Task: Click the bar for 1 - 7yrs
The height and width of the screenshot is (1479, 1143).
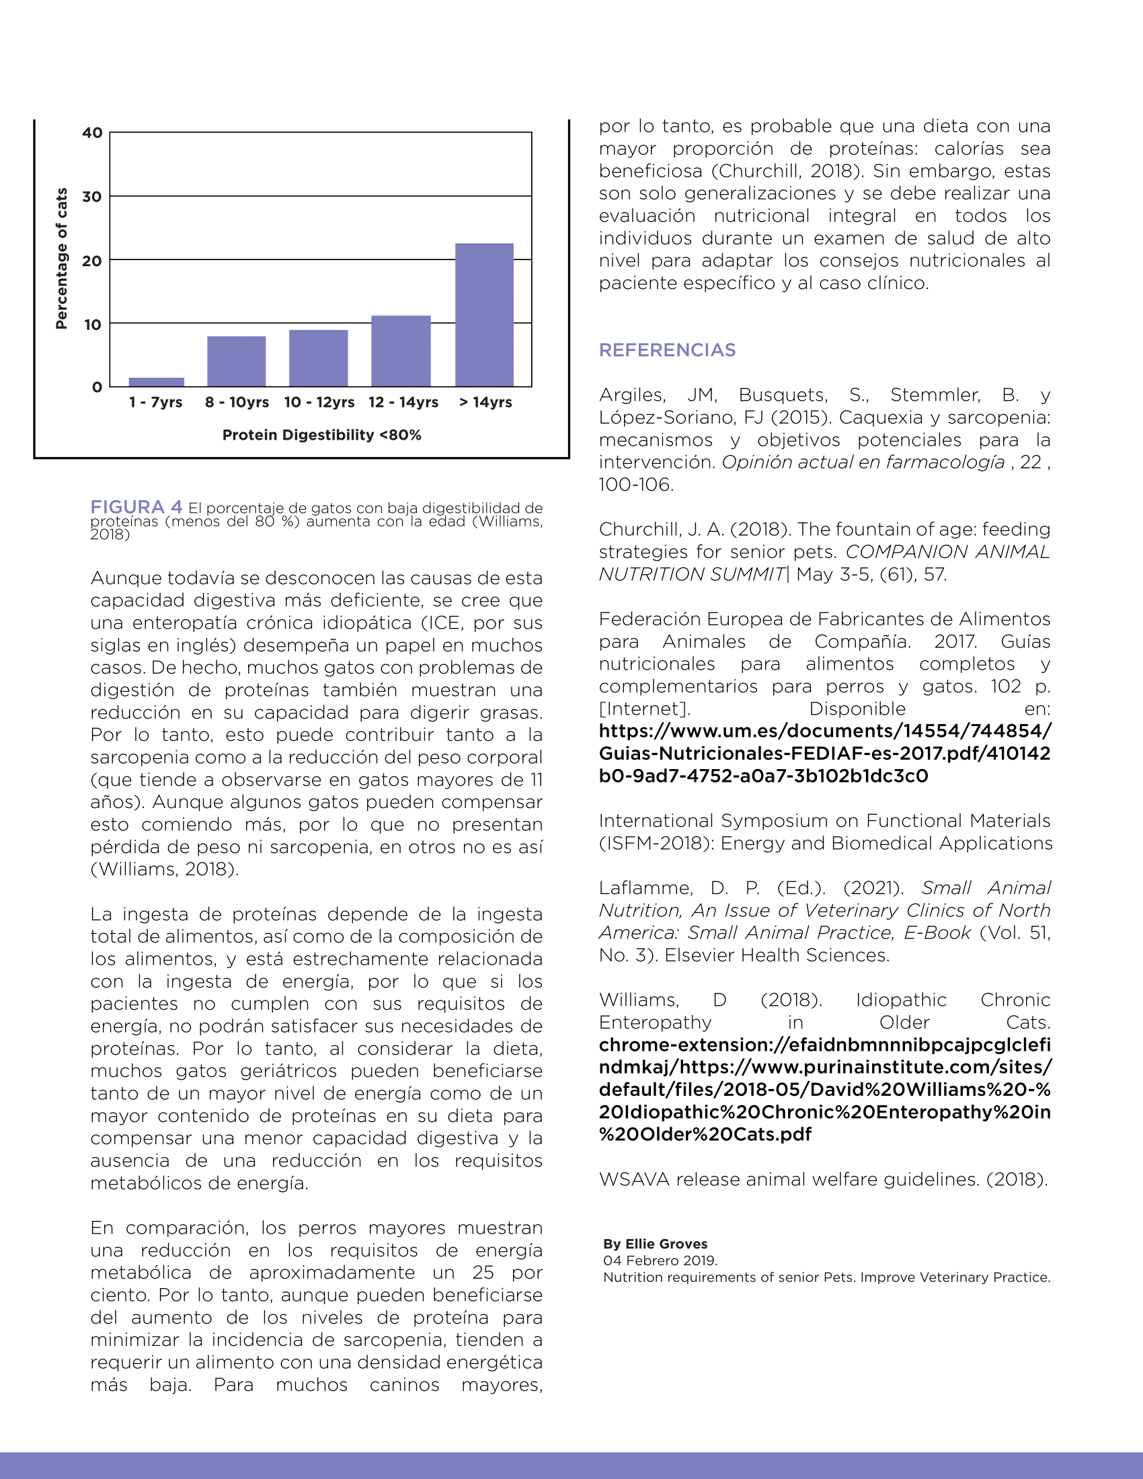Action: point(157,382)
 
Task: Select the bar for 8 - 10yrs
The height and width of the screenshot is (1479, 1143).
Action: point(236,361)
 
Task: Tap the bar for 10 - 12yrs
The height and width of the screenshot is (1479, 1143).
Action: point(318,358)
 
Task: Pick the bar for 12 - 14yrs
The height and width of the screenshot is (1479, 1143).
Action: point(401,351)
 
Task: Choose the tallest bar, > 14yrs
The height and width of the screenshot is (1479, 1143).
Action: point(484,315)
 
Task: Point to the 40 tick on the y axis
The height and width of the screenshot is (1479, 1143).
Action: point(92,132)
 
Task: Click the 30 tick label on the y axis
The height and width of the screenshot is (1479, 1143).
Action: point(92,197)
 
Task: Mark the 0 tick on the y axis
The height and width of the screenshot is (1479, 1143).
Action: point(97,387)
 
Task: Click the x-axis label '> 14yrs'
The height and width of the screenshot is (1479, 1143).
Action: point(485,402)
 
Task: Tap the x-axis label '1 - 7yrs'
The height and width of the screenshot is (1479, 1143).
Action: point(156,402)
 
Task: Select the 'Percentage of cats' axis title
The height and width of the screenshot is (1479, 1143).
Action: point(62,259)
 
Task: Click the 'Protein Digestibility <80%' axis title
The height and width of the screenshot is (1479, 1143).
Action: point(321,435)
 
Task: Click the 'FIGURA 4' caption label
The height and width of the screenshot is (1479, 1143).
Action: point(136,506)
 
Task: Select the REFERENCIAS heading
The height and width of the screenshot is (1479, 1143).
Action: point(667,350)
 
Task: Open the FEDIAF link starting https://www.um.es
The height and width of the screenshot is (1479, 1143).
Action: point(824,753)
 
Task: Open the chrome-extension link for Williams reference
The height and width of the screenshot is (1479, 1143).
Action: point(824,1089)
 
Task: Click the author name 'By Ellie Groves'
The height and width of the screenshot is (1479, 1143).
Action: point(655,1243)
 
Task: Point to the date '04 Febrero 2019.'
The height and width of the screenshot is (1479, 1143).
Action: point(660,1261)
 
